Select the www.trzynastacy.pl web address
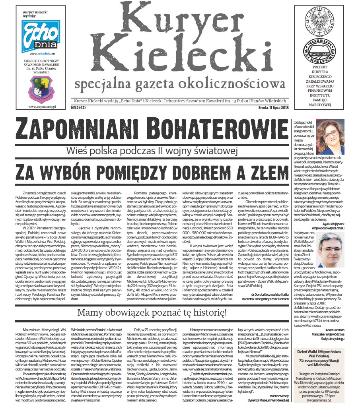tap(38, 107)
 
